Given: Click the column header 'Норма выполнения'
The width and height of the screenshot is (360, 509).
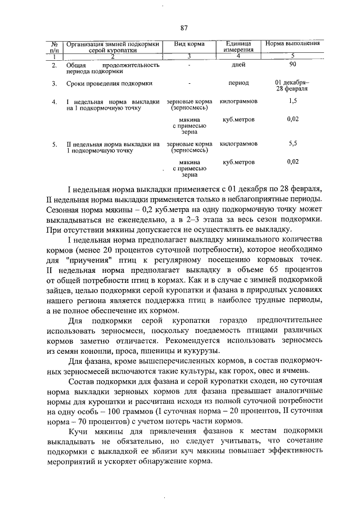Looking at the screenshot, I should [x=292, y=44].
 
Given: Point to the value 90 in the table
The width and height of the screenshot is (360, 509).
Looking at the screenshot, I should [x=292, y=65].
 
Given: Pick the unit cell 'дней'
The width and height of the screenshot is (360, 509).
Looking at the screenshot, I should [x=238, y=65].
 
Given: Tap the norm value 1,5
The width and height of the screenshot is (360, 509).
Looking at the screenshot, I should [x=292, y=101].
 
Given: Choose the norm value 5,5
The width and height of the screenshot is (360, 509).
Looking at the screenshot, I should [x=292, y=143].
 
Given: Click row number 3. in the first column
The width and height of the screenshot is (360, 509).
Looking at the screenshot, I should [x=55, y=83].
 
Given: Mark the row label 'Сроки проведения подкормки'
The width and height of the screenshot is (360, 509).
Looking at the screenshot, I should [x=110, y=83].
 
